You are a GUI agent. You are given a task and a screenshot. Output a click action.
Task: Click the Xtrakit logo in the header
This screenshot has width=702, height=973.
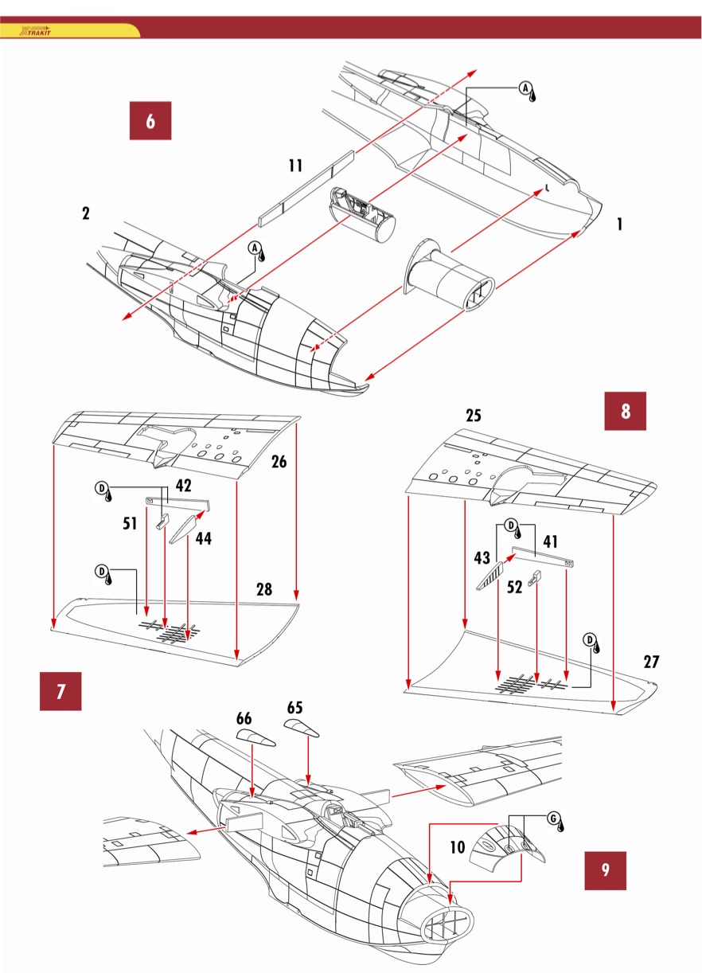(x=35, y=31)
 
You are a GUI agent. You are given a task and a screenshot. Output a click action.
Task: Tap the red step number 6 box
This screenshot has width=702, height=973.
(x=150, y=121)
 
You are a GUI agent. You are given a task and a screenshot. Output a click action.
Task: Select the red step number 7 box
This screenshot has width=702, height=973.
(x=60, y=691)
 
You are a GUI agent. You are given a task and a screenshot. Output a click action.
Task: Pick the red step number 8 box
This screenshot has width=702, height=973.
(x=625, y=411)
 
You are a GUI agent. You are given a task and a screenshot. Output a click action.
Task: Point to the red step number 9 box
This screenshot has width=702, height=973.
(x=605, y=870)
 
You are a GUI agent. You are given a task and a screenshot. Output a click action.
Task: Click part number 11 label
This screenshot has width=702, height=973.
(x=295, y=166)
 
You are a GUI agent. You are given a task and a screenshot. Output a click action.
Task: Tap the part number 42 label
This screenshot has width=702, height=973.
(x=183, y=486)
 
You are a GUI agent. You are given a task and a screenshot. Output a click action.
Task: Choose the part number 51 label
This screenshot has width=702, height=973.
(x=130, y=523)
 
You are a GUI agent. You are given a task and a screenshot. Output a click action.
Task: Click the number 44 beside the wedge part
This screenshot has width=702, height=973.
(x=204, y=538)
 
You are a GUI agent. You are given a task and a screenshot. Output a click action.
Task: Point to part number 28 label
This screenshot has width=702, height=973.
(x=264, y=589)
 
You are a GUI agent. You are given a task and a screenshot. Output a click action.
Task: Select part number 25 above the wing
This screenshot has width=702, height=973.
(x=474, y=416)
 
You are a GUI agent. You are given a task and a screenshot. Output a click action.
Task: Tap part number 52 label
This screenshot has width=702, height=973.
(x=514, y=588)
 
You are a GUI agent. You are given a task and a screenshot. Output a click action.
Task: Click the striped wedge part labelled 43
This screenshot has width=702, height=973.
(x=489, y=576)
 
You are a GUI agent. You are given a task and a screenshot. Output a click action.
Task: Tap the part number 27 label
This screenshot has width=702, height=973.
(x=651, y=662)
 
